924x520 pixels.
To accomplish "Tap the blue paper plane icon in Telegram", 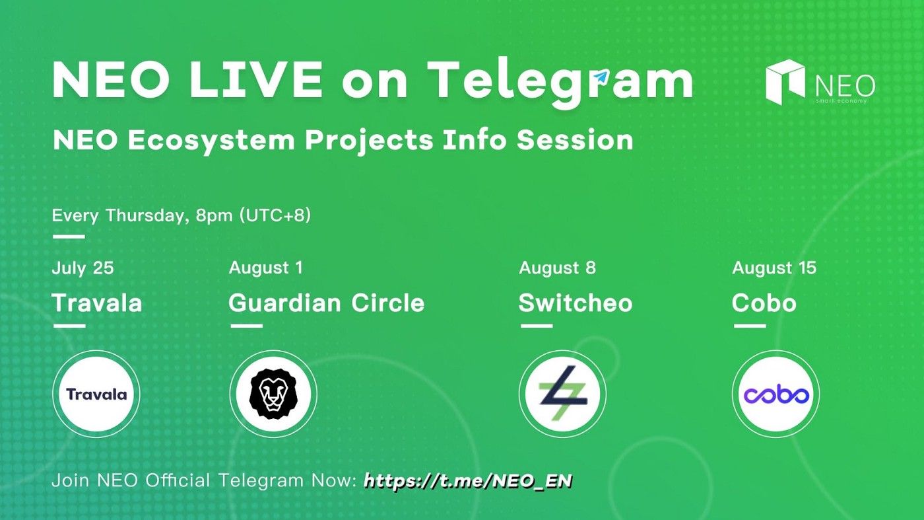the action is tap(602, 77).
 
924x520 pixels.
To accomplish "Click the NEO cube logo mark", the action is tap(785, 81).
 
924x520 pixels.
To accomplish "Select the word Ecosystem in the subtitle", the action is tap(211, 141).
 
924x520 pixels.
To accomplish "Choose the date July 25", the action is tap(82, 268).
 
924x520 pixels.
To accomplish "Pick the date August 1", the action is tap(265, 268).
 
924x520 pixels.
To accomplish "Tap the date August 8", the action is tap(557, 268).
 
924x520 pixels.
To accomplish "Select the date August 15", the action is tap(774, 268).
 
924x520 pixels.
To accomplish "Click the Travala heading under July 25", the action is tap(97, 303).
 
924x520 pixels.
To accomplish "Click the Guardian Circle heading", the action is tap(327, 303).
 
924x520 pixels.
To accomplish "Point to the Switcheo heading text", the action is tap(576, 303).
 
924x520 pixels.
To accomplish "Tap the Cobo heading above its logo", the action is tap(764, 303).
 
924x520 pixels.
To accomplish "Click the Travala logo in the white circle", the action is tap(96, 394).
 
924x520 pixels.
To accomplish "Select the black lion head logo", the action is tap(273, 394).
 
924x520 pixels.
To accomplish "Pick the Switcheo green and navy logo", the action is tap(562, 392).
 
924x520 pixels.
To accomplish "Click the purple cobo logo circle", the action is tap(776, 394).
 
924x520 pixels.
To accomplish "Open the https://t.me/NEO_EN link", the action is tap(468, 481).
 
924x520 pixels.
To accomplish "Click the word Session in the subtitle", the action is tap(575, 141).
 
